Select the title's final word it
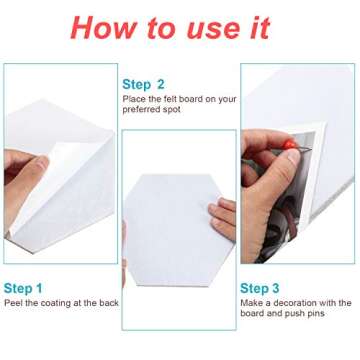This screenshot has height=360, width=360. [258, 27]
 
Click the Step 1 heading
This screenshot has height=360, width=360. [24, 288]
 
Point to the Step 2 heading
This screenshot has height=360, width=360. [143, 84]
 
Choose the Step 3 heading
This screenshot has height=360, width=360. [261, 288]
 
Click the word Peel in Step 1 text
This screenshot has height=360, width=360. [13, 302]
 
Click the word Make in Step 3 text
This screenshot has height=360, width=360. [252, 302]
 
